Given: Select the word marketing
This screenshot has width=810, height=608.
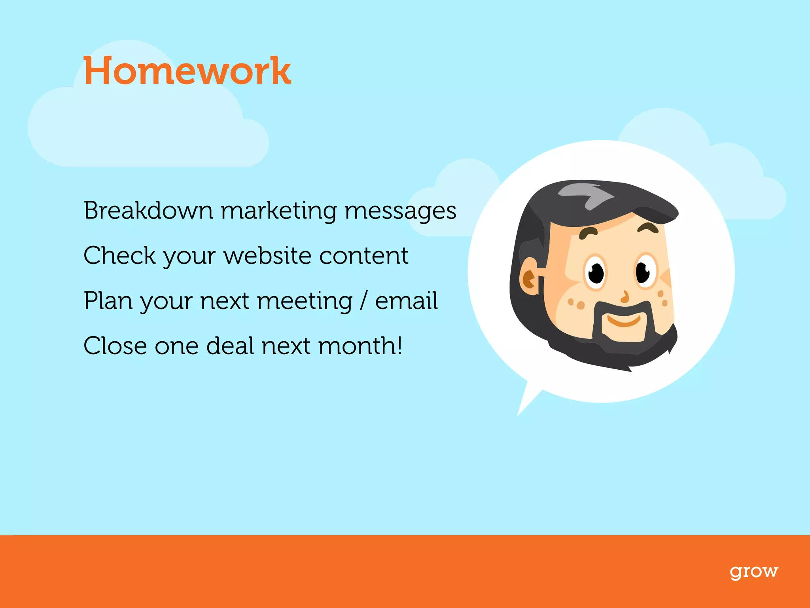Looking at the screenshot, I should point(279,211).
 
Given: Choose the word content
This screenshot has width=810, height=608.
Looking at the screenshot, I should point(364,256).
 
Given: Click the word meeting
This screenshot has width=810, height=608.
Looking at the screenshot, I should point(305,301).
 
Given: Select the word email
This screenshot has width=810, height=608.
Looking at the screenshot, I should point(406,300).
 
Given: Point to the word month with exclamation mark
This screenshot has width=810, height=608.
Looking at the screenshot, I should point(360,346).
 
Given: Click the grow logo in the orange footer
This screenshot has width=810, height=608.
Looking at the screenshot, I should point(754,572).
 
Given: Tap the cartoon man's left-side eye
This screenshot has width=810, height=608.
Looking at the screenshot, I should point(596,272).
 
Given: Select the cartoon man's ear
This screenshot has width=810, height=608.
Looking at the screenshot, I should point(530,277).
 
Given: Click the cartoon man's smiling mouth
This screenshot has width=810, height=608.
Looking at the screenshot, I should point(623,320).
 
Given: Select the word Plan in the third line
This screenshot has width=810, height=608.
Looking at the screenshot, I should point(108,300).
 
